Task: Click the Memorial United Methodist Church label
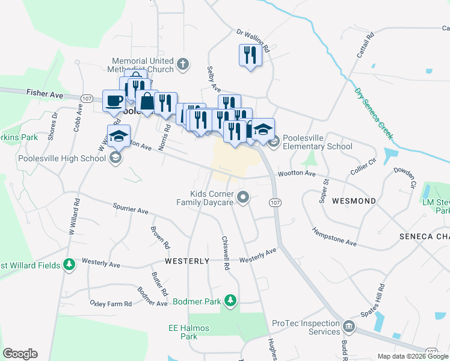143,65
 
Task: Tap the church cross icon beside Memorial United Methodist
183,63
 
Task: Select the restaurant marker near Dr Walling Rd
248,55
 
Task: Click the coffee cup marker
114,100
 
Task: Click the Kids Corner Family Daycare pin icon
243,197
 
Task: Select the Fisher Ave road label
45,94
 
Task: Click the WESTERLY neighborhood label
187,261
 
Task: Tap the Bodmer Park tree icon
229,300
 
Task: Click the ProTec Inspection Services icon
348,328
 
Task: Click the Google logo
20,354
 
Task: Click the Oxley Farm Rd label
111,304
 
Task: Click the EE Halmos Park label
182,332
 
